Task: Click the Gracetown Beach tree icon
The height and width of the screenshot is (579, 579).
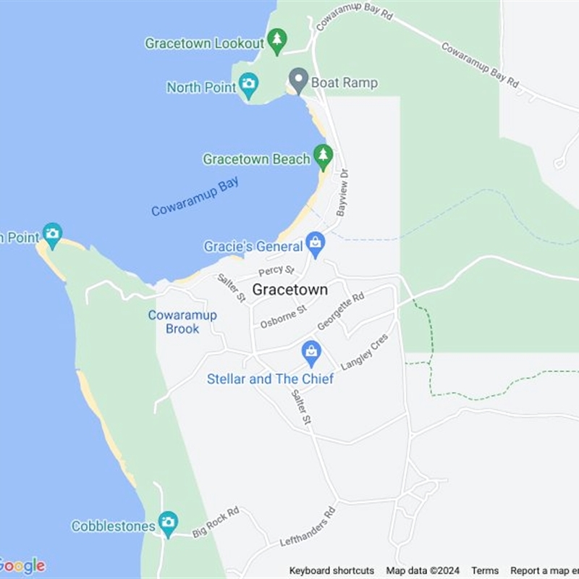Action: point(323,156)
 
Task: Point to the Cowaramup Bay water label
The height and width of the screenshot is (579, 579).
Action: point(195,196)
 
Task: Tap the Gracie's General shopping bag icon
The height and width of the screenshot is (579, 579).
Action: point(315,244)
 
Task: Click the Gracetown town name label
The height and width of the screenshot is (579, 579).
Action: point(289,289)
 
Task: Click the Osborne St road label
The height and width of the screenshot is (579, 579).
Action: point(284,316)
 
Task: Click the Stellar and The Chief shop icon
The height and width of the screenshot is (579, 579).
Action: point(311,352)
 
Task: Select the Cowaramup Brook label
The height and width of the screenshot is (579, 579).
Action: point(173,322)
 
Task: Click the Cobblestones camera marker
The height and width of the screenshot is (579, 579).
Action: point(168,523)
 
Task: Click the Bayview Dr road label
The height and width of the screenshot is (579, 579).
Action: point(342,193)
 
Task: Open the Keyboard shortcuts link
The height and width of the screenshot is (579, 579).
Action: point(331,570)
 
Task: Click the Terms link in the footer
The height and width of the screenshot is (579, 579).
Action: point(485,570)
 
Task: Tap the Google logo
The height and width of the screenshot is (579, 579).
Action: point(22,566)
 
